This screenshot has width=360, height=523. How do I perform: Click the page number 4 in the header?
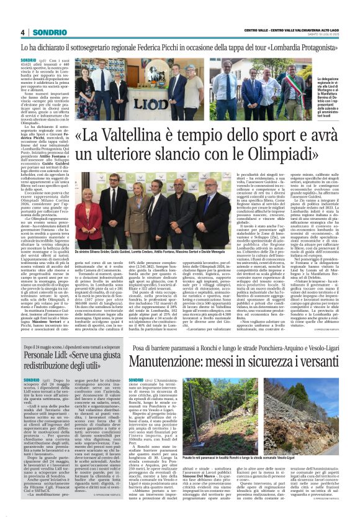click(x=22, y=32)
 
